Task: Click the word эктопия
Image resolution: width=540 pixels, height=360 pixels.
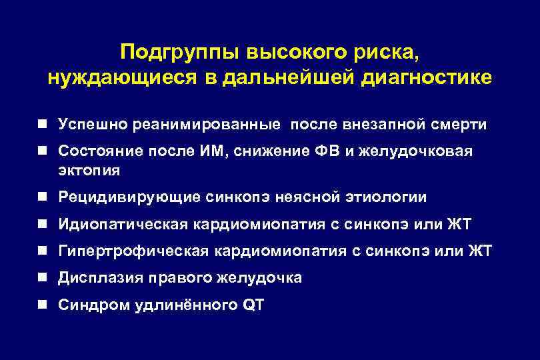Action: (x=89, y=170)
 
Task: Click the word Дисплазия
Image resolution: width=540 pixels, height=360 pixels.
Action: (x=96, y=277)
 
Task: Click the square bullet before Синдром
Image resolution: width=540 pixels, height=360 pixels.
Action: (x=42, y=305)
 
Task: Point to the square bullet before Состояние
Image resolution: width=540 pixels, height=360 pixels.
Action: (x=42, y=151)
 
